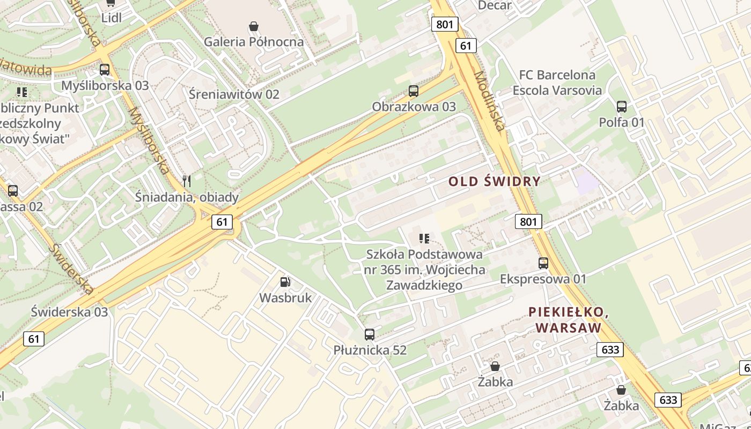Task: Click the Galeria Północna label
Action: (254, 42)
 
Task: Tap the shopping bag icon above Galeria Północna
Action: (254, 26)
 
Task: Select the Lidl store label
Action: (112, 18)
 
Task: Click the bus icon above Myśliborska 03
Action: (105, 70)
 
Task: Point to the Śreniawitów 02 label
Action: (234, 94)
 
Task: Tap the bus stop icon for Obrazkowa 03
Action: (413, 91)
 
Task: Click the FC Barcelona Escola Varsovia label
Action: (557, 83)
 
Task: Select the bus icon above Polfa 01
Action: (622, 107)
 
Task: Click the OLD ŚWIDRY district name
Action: (494, 181)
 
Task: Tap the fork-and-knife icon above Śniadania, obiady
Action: (187, 181)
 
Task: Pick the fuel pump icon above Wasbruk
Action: (285, 282)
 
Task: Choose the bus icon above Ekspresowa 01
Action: (543, 263)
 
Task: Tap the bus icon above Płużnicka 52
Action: (370, 335)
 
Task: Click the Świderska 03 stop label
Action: (69, 312)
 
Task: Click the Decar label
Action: (495, 5)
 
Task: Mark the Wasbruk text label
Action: (285, 298)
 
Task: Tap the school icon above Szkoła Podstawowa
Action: (424, 238)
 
